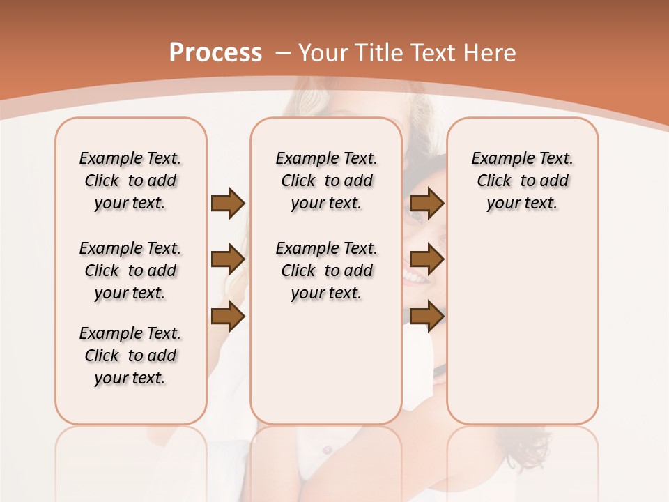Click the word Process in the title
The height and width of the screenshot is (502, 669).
(x=215, y=52)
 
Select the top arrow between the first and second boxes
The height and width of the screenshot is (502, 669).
(x=228, y=204)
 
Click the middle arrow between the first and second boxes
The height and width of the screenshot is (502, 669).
(x=228, y=259)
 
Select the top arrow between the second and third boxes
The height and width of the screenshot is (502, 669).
(x=426, y=204)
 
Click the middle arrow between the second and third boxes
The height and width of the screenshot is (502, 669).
(x=426, y=259)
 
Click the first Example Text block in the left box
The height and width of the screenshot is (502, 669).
(x=130, y=181)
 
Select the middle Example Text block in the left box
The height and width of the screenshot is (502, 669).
(x=130, y=271)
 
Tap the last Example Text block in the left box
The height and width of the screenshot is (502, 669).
(x=130, y=356)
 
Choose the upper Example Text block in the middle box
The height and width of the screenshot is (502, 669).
(x=326, y=181)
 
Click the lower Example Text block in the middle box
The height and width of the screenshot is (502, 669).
(x=326, y=271)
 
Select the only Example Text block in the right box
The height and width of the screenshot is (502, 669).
(x=522, y=181)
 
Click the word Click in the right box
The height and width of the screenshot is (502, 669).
(x=494, y=181)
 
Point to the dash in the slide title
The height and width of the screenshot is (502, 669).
(x=283, y=53)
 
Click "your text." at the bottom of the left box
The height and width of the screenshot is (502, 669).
(x=130, y=378)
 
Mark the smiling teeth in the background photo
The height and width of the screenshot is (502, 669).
(x=416, y=277)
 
